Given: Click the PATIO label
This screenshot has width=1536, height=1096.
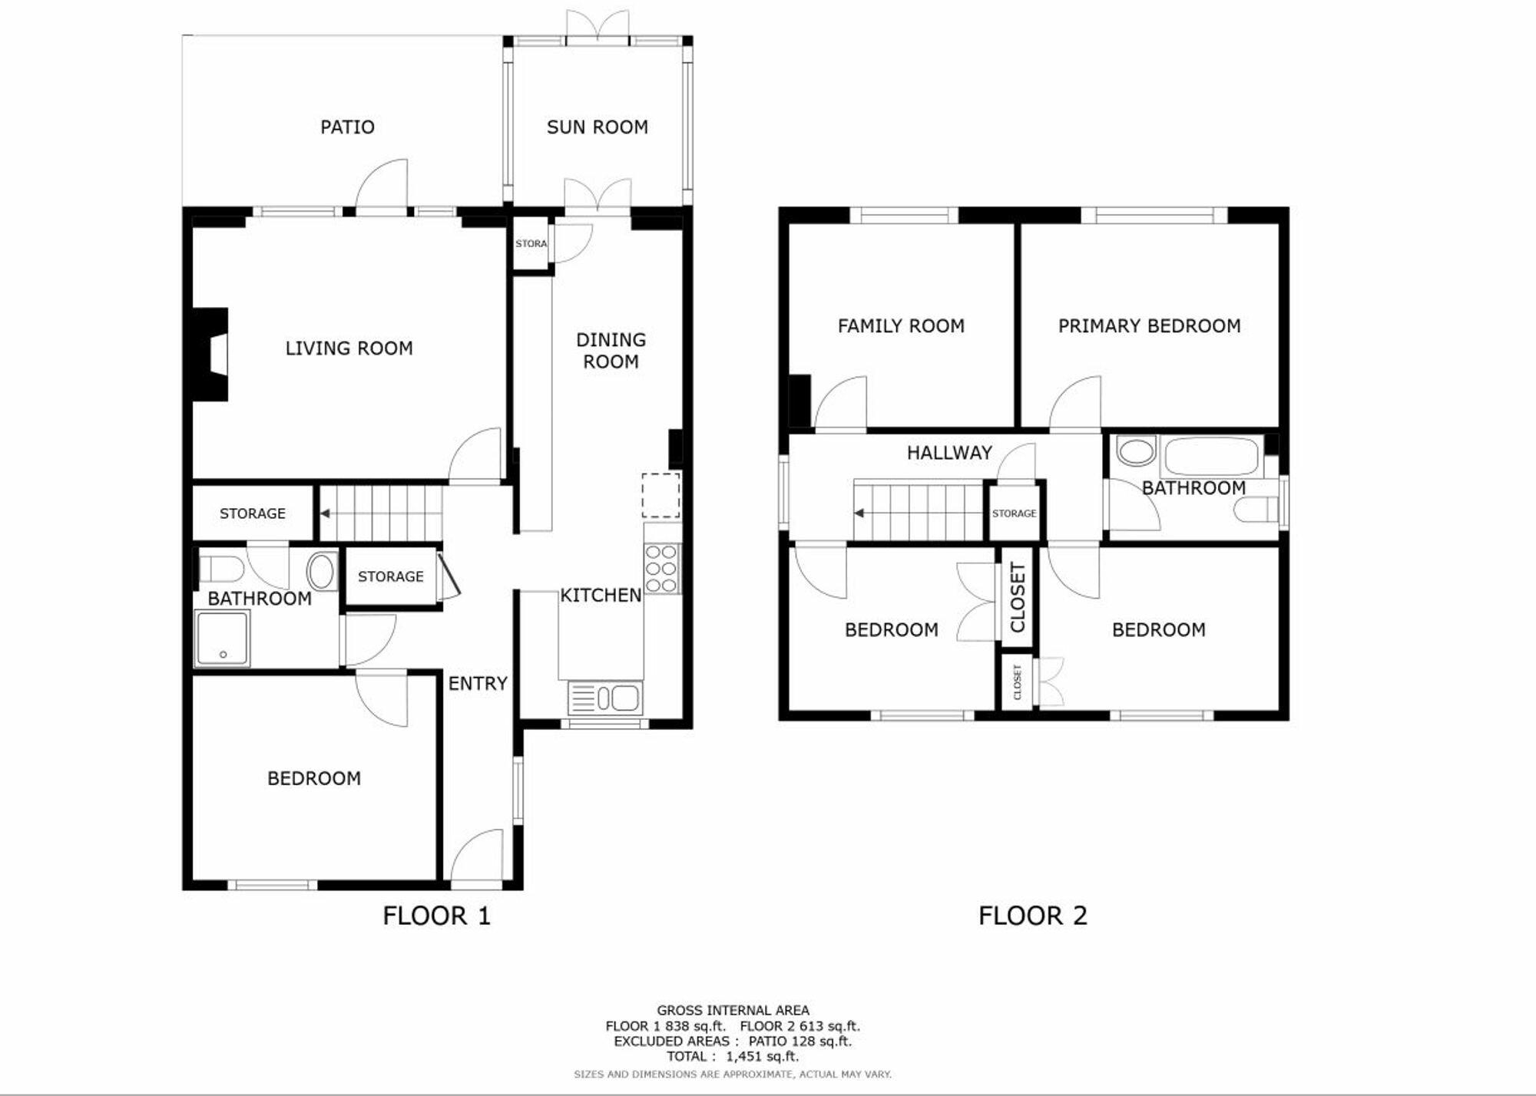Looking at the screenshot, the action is pyautogui.click(x=347, y=127).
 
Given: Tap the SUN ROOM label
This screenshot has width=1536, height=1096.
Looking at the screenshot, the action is pyautogui.click(x=598, y=127).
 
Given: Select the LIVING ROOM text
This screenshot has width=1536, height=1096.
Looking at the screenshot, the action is pyautogui.click(x=349, y=348).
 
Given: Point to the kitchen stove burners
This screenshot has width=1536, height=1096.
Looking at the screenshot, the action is pyautogui.click(x=662, y=568).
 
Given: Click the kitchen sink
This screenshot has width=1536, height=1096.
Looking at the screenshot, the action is pyautogui.click(x=605, y=698).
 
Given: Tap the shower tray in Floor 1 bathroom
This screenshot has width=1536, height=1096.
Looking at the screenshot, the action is pyautogui.click(x=222, y=638).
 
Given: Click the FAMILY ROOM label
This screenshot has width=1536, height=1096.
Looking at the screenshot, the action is pyautogui.click(x=901, y=326).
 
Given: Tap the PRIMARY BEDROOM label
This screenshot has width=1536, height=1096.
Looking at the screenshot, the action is pyautogui.click(x=1150, y=326).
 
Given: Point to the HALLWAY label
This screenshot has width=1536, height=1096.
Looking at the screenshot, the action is pyautogui.click(x=950, y=453).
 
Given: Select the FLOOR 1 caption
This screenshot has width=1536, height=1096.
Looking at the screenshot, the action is pyautogui.click(x=436, y=916).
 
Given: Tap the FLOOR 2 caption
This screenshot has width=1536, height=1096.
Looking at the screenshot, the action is pyautogui.click(x=1033, y=916).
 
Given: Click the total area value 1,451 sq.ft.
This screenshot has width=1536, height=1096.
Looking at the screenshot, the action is pyautogui.click(x=763, y=1057).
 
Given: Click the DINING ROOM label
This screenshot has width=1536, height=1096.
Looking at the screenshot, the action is pyautogui.click(x=611, y=351).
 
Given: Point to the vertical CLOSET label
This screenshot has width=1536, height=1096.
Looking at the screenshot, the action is pyautogui.click(x=1018, y=597).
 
